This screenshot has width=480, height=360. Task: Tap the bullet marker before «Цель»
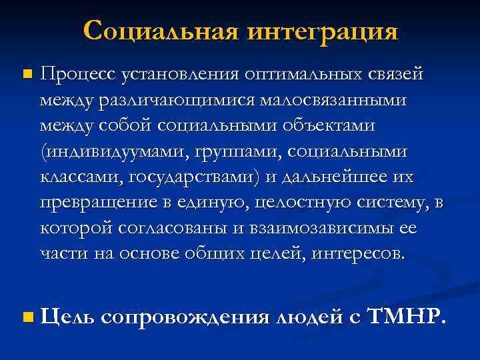tap(26, 317)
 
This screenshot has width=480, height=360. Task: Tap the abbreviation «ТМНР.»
tap(405, 317)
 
